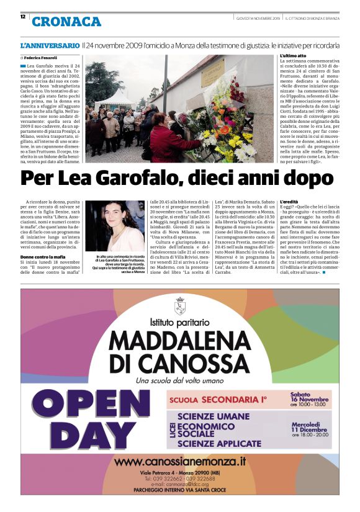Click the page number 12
pos(22,16)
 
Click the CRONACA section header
pos(66,22)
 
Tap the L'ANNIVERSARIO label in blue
pos(50,46)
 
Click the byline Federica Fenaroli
pos(43,57)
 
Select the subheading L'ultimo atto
pos(294,56)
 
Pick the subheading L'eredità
pos(289,202)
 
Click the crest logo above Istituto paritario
pos(180,306)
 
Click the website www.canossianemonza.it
pos(180,462)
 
